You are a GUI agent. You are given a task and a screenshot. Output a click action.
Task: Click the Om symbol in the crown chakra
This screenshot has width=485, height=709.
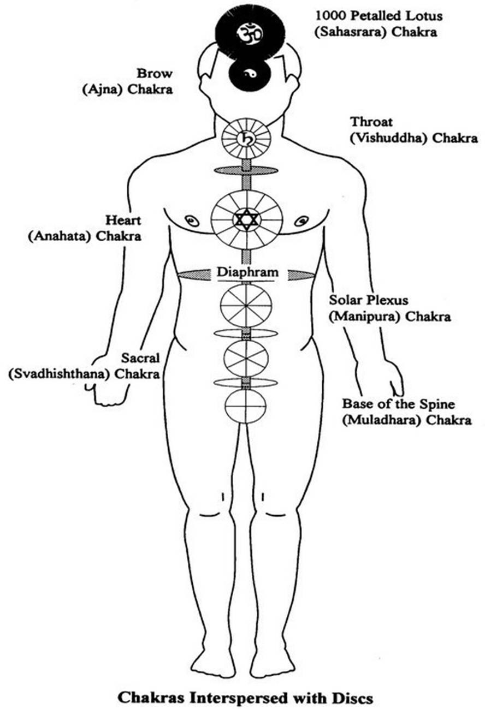pos(250,34)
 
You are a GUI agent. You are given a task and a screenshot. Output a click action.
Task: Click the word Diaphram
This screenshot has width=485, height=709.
pos(246,272)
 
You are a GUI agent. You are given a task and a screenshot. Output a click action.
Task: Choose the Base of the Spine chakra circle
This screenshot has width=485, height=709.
pos(246,406)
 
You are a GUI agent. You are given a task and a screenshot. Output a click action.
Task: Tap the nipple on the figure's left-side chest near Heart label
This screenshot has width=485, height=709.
pos(192,221)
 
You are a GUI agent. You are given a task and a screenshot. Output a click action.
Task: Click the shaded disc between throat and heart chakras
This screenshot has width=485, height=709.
pos(246,171)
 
